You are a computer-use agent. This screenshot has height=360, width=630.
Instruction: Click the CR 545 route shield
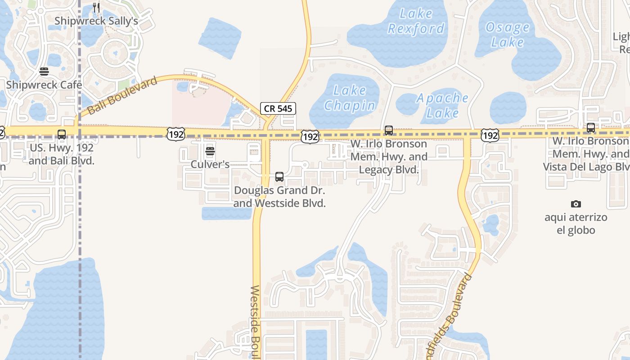[278, 108]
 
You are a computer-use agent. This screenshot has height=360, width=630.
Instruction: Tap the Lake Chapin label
[350, 98]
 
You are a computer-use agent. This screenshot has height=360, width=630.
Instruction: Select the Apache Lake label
[442, 105]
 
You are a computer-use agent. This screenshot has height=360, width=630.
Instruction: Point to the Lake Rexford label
[416, 21]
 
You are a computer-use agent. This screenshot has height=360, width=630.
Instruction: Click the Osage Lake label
[508, 35]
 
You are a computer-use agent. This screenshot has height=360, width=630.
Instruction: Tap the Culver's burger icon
[210, 151]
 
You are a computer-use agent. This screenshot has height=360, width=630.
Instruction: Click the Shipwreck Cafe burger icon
[44, 72]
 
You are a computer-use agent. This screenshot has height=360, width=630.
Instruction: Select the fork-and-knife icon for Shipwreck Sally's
[96, 7]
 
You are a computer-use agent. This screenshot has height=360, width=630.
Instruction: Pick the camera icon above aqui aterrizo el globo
[576, 204]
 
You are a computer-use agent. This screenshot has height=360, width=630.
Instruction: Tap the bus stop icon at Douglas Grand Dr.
[279, 177]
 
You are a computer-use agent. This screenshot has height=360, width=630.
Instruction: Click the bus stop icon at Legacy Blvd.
[389, 130]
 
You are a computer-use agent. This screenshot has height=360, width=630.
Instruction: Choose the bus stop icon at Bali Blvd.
[62, 134]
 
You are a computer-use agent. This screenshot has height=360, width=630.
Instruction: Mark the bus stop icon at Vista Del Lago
[591, 128]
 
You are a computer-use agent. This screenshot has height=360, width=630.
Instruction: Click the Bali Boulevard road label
[123, 95]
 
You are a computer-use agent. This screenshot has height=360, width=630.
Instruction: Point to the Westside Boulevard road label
[255, 322]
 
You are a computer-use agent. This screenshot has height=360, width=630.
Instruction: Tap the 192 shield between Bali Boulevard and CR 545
[175, 134]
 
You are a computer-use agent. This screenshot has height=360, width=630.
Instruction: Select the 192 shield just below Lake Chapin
[310, 136]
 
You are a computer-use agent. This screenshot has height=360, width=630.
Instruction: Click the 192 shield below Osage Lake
[490, 135]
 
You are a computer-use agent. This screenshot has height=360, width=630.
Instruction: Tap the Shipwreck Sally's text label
[96, 21]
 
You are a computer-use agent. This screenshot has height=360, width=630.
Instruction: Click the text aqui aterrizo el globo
[576, 224]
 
